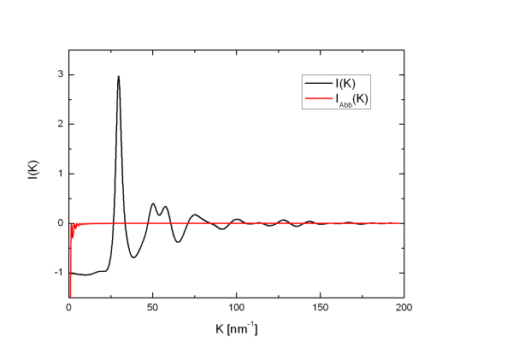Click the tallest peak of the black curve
coord(118,76)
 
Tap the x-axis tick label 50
coord(152,306)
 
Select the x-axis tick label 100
coord(236,306)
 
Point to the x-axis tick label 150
coord(320,306)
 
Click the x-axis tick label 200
coord(404,306)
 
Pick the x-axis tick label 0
coord(68,306)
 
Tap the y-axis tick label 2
coord(59,124)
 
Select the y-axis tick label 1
coord(59,174)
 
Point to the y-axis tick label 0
coord(59,223)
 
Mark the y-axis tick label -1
coord(57,273)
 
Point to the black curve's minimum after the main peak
coord(134,257)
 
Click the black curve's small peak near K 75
coord(195,215)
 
